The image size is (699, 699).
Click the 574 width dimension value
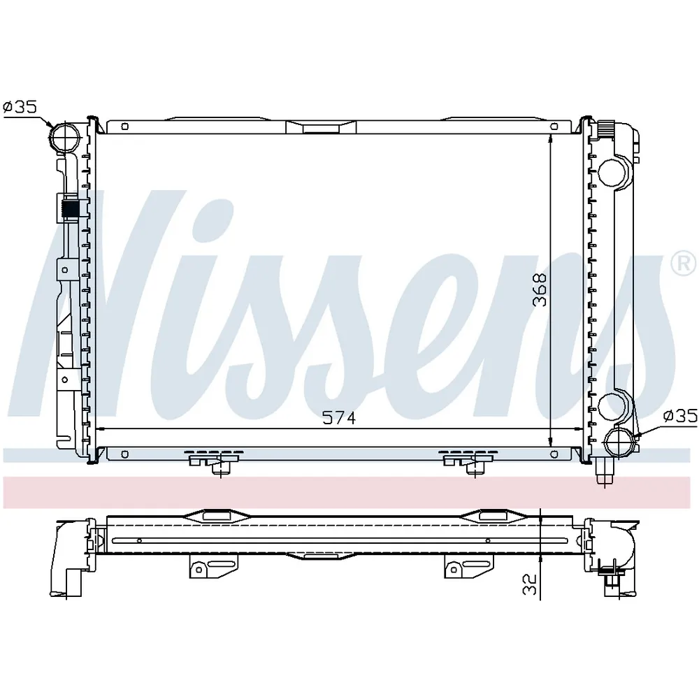click(339, 418)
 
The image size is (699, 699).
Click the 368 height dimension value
click(540, 289)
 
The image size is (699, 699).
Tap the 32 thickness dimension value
click(530, 584)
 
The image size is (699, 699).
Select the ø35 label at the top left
click(20, 107)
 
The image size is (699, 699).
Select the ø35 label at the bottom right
click(680, 416)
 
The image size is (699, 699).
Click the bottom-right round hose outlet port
click(617, 442)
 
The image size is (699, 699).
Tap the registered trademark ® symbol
click(683, 264)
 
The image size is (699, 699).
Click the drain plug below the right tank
click(605, 473)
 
